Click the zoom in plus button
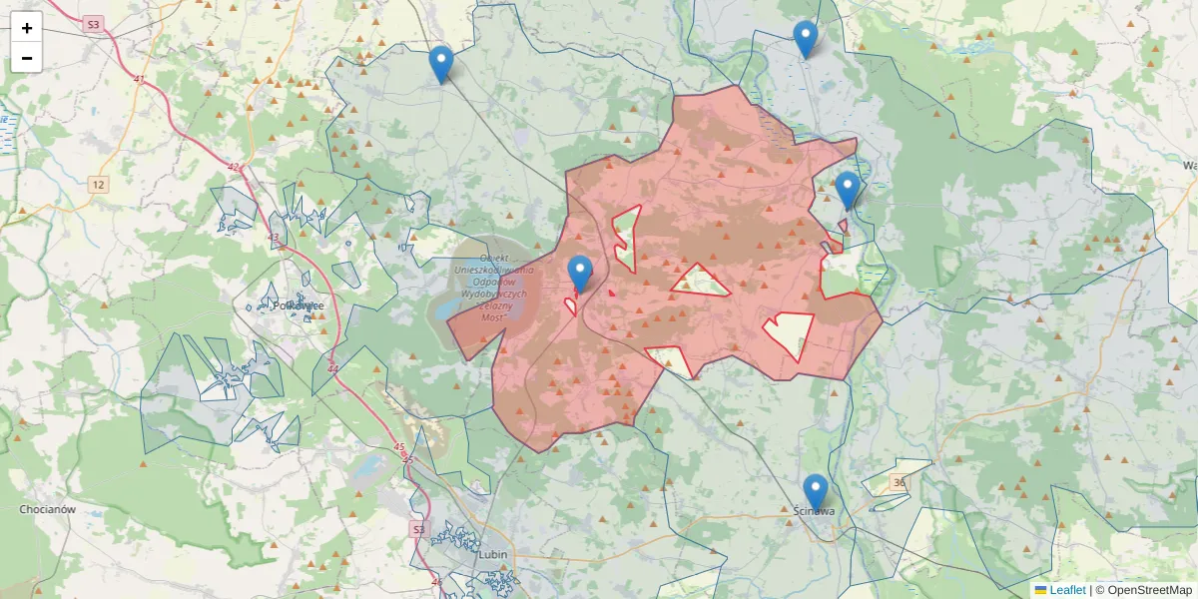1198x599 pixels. [x=27, y=28]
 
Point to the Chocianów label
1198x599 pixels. [x=48, y=509]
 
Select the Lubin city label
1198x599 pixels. [x=494, y=554]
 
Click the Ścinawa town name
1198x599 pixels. [x=813, y=511]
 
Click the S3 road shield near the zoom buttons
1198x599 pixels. [x=94, y=24]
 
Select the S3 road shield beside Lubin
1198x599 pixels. [x=418, y=528]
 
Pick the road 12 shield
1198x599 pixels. [x=98, y=185]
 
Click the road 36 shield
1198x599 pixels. [x=900, y=483]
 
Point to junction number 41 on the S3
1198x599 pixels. [x=139, y=79]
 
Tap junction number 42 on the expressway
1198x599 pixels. [x=234, y=167]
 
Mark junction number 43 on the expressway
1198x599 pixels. [x=274, y=237]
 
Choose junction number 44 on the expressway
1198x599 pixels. [x=331, y=369]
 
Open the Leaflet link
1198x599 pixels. [x=1067, y=590]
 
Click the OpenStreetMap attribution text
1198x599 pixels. [x=1143, y=590]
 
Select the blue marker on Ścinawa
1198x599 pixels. [x=816, y=492]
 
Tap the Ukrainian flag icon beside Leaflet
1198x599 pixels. [x=1041, y=590]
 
